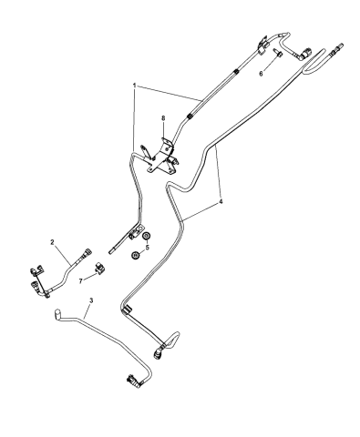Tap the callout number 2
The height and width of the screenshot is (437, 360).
pos(53,241)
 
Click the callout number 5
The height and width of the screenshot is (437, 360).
pos(146,246)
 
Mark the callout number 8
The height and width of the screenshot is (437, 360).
pos(163,117)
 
